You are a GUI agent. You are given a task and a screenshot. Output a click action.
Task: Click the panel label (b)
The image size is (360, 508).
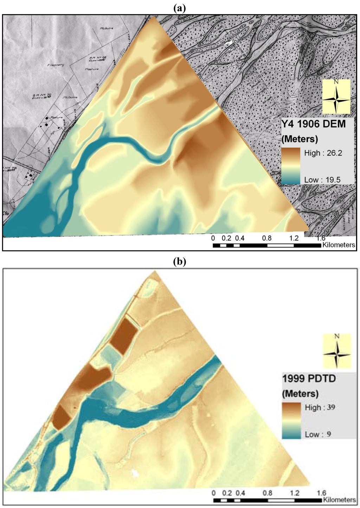[x=180, y=262]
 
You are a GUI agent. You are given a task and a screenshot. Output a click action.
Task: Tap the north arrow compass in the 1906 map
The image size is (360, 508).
[x=336, y=96]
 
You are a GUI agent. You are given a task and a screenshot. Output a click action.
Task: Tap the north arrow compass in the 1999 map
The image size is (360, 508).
[x=337, y=351]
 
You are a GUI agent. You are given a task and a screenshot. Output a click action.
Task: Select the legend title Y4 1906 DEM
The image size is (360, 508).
[x=314, y=124]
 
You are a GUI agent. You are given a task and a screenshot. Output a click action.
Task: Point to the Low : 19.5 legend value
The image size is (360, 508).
[x=322, y=180]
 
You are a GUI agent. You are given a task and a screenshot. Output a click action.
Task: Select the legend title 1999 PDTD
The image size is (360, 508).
[x=309, y=379]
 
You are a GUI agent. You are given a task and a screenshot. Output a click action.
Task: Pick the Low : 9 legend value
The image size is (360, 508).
[x=318, y=434]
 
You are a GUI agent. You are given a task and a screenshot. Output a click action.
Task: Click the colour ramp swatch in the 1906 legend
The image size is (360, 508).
[x=290, y=166]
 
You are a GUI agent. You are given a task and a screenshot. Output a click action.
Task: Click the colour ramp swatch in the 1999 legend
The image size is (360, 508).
[x=291, y=420]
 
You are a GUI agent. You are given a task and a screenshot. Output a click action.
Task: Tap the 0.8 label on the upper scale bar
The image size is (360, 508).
[x=267, y=238]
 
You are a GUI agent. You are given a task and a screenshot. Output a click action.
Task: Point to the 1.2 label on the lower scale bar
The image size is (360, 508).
[x=295, y=493]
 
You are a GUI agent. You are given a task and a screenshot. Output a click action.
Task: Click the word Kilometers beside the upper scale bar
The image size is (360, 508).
[x=339, y=245]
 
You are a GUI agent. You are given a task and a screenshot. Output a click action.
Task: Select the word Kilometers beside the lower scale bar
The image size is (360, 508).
[x=339, y=500]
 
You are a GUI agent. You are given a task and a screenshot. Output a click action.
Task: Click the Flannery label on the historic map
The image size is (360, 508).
[x=56, y=65]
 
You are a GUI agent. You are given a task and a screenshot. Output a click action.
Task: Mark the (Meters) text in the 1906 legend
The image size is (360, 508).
[x=300, y=139]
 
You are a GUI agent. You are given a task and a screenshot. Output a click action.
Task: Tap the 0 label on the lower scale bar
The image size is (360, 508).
[x=214, y=493]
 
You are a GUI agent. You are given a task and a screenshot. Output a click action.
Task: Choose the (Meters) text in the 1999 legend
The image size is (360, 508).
[x=300, y=393]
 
